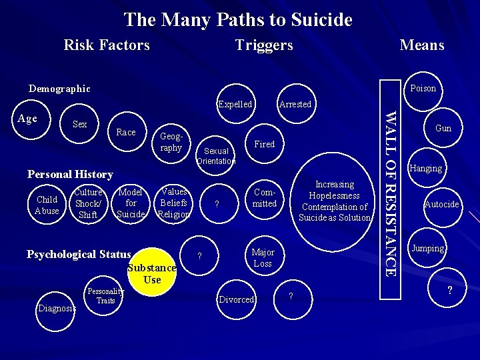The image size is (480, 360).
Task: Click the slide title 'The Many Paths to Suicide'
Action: [238, 20]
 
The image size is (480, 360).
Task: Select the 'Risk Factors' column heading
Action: [107, 45]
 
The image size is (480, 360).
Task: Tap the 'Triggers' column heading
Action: [264, 45]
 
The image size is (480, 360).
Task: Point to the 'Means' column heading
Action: [421, 45]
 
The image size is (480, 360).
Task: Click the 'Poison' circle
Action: [423, 89]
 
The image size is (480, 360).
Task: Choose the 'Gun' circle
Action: [443, 128]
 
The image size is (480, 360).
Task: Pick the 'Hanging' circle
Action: [426, 168]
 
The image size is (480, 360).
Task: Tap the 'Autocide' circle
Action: [442, 204]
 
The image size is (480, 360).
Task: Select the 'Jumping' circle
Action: [427, 248]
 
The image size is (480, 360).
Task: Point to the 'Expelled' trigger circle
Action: [235, 104]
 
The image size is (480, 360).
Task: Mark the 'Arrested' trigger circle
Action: [295, 104]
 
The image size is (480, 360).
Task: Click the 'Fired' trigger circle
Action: [265, 144]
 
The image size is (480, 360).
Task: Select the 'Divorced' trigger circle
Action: [237, 299]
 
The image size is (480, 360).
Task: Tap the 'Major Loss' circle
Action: [263, 257]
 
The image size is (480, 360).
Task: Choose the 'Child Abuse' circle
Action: [47, 205]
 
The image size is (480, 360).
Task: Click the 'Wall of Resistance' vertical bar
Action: [392, 193]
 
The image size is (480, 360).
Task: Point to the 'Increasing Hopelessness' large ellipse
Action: [335, 201]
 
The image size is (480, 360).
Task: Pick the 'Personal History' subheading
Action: [70, 175]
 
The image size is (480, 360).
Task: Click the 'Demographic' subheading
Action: [59, 89]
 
